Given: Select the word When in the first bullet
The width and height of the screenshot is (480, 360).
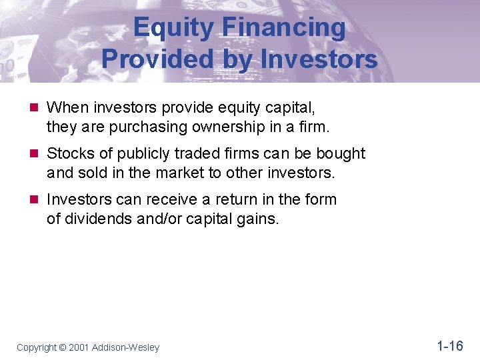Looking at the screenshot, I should click(x=67, y=107).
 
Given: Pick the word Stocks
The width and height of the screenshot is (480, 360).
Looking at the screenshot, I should click(x=71, y=154).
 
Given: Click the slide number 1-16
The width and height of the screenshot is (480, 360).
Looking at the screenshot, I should click(x=449, y=345).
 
